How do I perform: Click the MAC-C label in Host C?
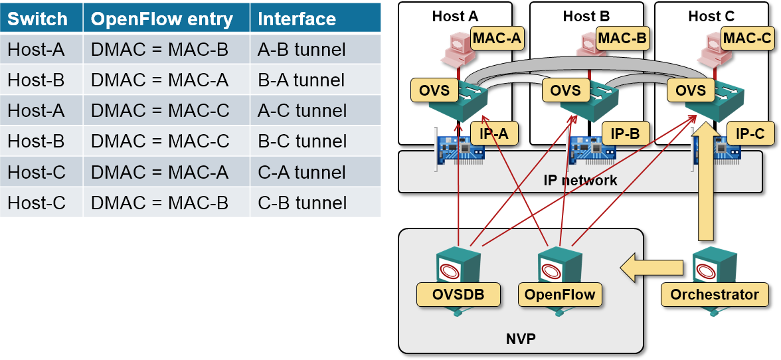click(747, 38)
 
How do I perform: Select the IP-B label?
click(624, 134)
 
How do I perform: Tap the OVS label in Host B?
click(564, 90)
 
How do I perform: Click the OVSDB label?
click(458, 294)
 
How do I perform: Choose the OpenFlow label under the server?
click(560, 294)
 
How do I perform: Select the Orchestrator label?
click(715, 294)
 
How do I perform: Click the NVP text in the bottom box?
click(521, 339)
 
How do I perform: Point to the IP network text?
click(580, 180)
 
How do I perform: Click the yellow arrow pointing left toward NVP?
click(651, 268)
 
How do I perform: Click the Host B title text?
click(586, 16)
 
